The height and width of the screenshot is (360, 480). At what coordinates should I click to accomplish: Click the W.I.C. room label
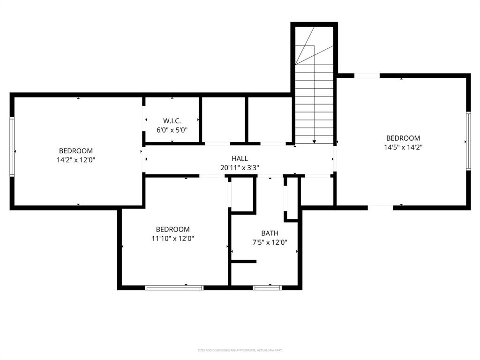pyautogui.click(x=172, y=121)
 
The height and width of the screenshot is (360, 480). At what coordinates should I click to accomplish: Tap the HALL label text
pyautogui.click(x=240, y=159)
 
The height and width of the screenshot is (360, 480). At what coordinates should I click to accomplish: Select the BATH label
pyautogui.click(x=270, y=233)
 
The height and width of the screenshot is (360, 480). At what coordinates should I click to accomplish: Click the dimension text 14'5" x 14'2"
pyautogui.click(x=403, y=147)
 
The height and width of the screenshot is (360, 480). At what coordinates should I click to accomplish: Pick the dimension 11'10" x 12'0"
pyautogui.click(x=172, y=238)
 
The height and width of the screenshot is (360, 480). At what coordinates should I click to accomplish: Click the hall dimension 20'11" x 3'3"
pyautogui.click(x=240, y=167)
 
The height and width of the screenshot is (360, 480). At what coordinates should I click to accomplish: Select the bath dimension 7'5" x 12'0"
pyautogui.click(x=270, y=242)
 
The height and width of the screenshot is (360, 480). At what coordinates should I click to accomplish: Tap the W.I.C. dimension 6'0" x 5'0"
pyautogui.click(x=172, y=130)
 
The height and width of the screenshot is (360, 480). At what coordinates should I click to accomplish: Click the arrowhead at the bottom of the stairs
pyautogui.click(x=314, y=141)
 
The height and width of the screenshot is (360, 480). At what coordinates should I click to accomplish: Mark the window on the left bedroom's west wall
pyautogui.click(x=12, y=146)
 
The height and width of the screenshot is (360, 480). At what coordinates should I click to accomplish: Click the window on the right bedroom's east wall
pyautogui.click(x=467, y=141)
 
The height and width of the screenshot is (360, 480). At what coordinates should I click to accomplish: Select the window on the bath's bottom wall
pyautogui.click(x=267, y=287)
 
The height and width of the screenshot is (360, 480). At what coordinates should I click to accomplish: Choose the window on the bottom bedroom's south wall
pyautogui.click(x=174, y=287)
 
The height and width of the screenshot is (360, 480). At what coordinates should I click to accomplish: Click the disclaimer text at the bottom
pyautogui.click(x=240, y=350)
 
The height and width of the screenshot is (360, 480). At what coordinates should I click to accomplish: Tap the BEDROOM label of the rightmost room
pyautogui.click(x=403, y=138)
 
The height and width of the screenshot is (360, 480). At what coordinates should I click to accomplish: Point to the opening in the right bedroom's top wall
pyautogui.click(x=367, y=75)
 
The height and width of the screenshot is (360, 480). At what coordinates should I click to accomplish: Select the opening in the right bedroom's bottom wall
pyautogui.click(x=380, y=207)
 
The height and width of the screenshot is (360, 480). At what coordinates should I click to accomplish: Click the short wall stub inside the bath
pyautogui.click(x=244, y=261)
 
